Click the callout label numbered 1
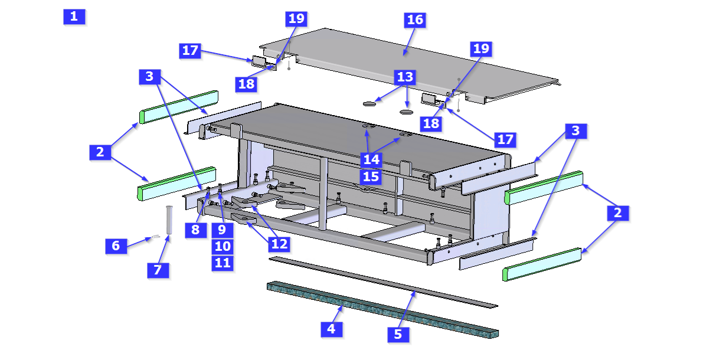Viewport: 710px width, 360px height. pos(74,17)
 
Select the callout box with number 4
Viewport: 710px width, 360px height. pos(331,329)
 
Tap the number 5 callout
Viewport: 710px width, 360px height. pos(398,334)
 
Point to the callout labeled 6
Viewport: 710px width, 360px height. pos(116,246)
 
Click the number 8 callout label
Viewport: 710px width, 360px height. pos(195,230)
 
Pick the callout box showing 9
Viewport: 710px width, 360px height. pos(222,230)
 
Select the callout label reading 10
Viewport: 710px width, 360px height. pos(222,246)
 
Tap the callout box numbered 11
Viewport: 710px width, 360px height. pos(222,263)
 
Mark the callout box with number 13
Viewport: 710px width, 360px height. pos(405,77)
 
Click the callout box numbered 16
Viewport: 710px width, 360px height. pos(415,19)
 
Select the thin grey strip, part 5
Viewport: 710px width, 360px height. pos(384,281)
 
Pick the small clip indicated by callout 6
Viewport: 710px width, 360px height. pos(155,237)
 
